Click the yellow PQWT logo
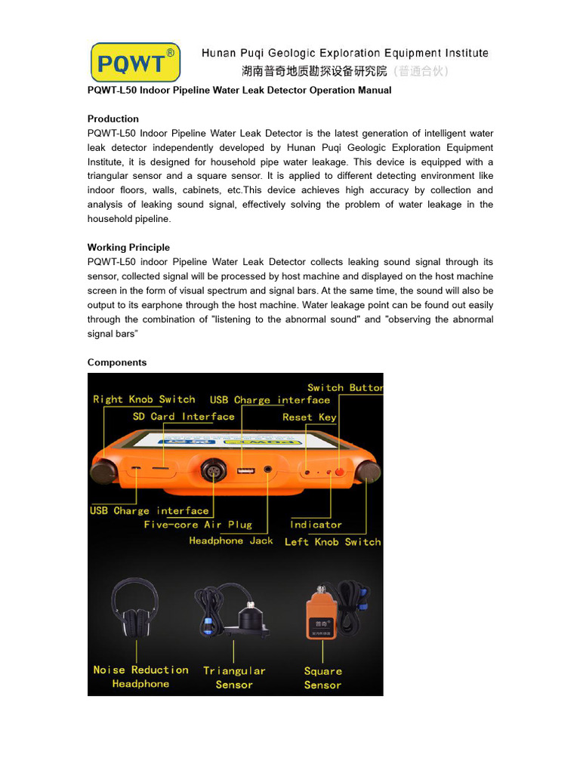pos(135,62)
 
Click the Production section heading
pos(113,119)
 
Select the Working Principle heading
pos(128,248)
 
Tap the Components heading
pos(117,362)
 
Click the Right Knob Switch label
pos(143,399)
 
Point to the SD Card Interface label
pos(184,417)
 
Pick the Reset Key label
pos(309,417)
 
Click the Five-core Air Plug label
pos(198,525)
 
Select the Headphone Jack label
pos(231,540)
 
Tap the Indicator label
pos(316,525)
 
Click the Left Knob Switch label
pos(332,542)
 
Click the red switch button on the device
pos(339,473)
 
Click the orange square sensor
pos(321,614)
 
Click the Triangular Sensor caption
pos(234,677)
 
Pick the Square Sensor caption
pos(322,678)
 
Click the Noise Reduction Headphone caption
pos(140,676)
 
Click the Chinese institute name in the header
pos(314,72)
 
